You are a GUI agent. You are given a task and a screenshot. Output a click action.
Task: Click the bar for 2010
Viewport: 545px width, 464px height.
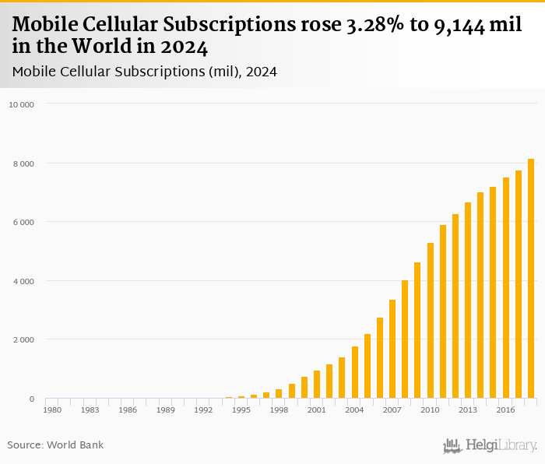[431, 321]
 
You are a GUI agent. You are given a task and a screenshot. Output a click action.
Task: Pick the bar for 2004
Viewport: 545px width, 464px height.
[355, 372]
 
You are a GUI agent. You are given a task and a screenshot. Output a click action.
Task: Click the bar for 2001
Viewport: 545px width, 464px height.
[317, 385]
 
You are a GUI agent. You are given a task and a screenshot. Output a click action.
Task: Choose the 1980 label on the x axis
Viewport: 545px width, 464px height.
[52, 410]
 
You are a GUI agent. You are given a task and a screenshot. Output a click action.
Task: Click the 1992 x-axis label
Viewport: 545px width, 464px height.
[203, 410]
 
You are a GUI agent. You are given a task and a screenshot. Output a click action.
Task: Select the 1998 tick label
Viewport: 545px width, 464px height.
[279, 410]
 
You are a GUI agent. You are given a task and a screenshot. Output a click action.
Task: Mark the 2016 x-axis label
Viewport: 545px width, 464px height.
[505, 410]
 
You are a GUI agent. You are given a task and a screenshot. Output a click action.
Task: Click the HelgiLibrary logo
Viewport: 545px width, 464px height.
[490, 445]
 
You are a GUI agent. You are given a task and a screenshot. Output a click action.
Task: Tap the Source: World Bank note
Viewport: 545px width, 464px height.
[55, 445]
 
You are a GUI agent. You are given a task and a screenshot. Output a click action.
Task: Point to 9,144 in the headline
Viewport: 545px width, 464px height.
[463, 26]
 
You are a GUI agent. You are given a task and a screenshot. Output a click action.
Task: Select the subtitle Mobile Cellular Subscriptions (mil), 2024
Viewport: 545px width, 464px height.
[145, 72]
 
